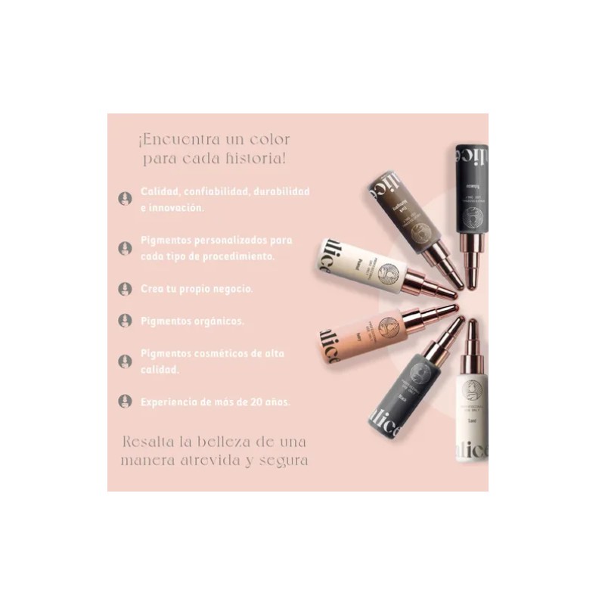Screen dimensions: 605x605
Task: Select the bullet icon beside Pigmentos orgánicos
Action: pos(125,321)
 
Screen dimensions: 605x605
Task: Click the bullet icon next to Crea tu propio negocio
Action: pos(125,289)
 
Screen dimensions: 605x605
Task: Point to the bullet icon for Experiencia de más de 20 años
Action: pos(125,401)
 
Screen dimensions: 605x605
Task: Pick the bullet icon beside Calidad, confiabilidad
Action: pos(125,198)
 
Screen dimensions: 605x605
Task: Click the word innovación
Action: pos(176,206)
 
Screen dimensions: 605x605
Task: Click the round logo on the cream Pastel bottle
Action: pos(386,271)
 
